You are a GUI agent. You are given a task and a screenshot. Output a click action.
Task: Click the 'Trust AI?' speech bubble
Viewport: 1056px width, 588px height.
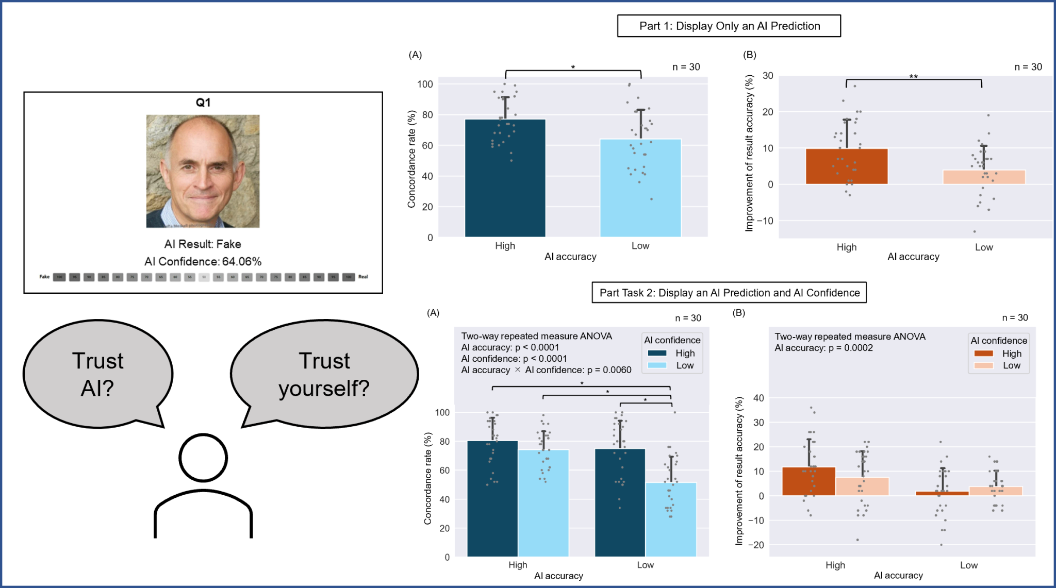tap(97, 374)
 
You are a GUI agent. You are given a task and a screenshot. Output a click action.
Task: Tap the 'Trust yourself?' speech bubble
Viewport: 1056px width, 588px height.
tap(324, 374)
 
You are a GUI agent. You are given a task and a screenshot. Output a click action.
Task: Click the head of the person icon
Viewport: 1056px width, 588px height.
tap(203, 458)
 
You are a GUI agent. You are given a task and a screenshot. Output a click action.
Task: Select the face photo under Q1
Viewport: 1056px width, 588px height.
tap(203, 171)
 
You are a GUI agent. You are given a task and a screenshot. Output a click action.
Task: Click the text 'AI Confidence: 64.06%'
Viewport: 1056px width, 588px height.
tap(203, 262)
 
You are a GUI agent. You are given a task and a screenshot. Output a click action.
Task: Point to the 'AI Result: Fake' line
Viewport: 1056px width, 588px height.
tap(203, 244)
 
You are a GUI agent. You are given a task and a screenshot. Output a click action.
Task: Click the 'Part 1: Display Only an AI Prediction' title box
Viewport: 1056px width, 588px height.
tap(729, 26)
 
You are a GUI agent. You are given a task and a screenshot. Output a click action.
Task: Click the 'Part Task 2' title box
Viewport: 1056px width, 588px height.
tap(729, 293)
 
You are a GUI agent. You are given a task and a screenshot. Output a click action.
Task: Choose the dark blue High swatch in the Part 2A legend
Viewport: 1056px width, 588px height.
tap(657, 353)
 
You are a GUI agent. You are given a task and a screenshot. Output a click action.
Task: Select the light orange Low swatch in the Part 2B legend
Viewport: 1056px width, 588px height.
tap(984, 365)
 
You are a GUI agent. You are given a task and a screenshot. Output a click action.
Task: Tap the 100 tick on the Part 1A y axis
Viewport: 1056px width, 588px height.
tap(425, 84)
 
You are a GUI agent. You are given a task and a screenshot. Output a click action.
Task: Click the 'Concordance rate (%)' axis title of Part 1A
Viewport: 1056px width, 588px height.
tap(411, 159)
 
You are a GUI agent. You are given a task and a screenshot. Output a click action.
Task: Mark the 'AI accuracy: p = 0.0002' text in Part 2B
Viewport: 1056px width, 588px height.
tap(823, 348)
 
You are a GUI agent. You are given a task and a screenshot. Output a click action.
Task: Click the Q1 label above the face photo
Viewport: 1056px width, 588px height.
tap(203, 103)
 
